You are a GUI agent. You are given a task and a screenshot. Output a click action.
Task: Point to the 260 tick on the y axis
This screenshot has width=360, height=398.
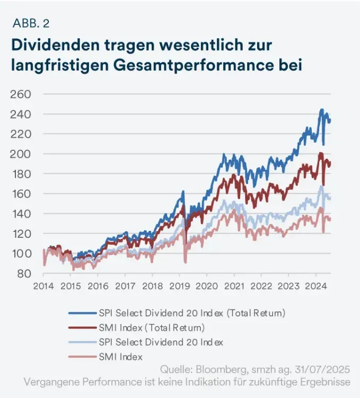pos(22,94)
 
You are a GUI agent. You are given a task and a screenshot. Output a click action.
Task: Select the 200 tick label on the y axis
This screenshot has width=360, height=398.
pos(22,154)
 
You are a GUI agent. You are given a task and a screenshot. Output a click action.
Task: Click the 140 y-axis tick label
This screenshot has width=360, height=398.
pos(22,214)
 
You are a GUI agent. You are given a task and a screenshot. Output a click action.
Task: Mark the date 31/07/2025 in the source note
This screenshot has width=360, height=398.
pos(328,369)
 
